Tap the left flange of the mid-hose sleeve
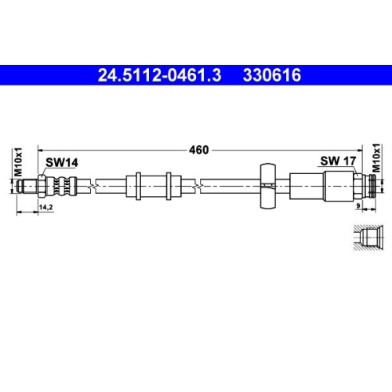[137, 187]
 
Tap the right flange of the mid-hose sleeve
[169, 187]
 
